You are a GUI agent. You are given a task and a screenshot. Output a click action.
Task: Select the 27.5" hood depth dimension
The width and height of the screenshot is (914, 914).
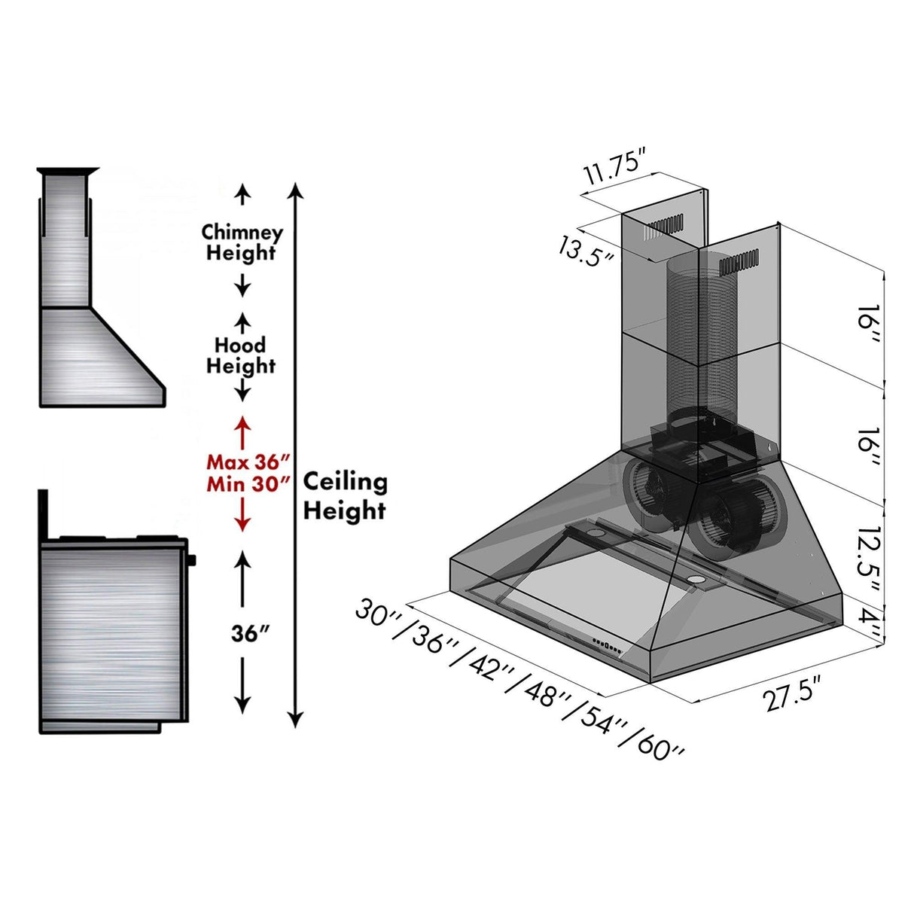[791, 693]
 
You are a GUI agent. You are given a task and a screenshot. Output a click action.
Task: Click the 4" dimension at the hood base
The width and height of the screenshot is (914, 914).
[870, 624]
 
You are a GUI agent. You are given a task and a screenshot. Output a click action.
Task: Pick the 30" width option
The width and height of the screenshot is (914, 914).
[380, 612]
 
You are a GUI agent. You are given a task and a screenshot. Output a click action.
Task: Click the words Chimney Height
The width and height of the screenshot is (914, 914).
[242, 242]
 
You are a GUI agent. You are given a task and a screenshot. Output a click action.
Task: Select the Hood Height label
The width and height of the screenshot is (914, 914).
[241, 355]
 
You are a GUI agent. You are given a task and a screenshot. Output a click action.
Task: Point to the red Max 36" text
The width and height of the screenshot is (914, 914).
[248, 462]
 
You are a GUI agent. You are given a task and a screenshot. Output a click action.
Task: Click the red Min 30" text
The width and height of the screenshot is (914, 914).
[248, 484]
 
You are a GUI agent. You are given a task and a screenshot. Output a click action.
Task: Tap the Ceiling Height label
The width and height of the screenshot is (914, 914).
[345, 496]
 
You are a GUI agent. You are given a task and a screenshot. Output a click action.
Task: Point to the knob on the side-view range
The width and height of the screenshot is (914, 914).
[193, 559]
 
